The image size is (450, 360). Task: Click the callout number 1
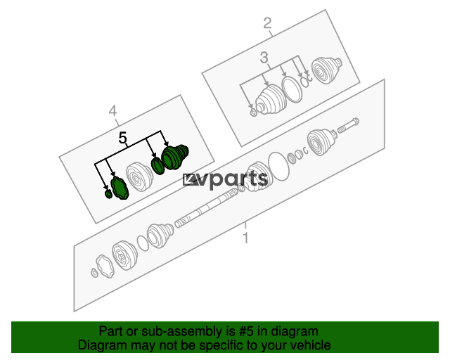point(245,238)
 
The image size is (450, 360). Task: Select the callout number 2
point(267,22)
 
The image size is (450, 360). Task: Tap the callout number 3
point(264,58)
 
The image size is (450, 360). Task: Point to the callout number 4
point(112,110)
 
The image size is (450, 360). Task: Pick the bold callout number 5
point(122,138)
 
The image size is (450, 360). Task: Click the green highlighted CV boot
point(175,157)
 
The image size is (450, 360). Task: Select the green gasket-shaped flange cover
point(120,188)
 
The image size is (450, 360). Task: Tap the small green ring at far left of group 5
point(108,194)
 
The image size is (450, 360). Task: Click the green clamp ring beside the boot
point(157,166)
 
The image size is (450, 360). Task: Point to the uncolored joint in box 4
point(139,176)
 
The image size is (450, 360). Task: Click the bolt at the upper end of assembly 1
point(348,126)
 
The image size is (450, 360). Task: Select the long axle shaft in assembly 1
point(206,207)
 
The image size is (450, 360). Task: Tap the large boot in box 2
point(270,99)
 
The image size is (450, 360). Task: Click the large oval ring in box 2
point(292,89)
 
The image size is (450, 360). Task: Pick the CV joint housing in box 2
point(327,70)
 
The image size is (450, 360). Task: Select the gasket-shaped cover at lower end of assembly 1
point(104,266)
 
